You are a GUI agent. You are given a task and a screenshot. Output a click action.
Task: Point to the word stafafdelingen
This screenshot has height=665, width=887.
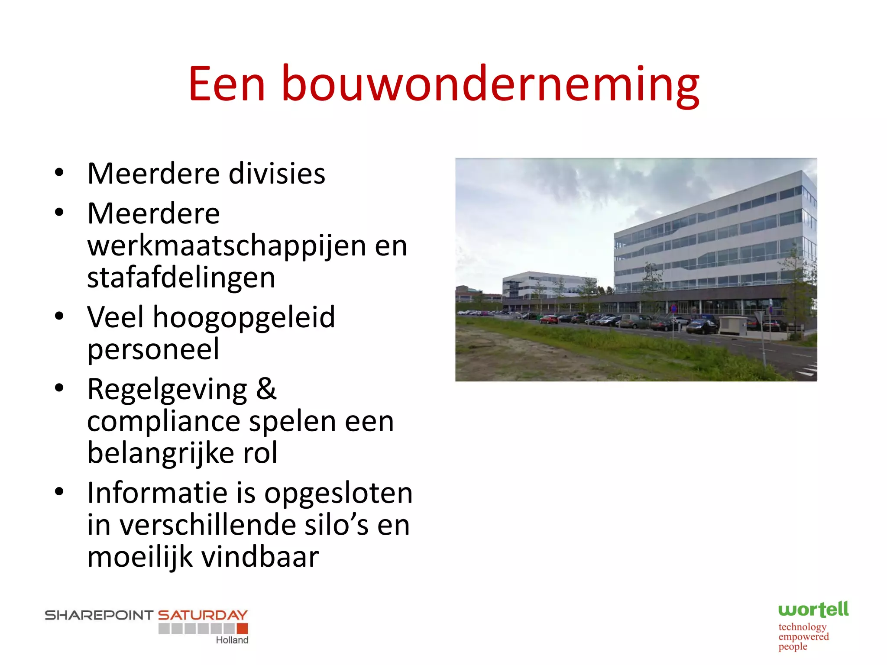[x=181, y=278]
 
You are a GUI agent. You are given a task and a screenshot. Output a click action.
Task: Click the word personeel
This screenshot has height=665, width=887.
[x=153, y=349]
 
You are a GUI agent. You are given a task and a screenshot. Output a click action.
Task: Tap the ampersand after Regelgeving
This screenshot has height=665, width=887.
[x=266, y=389]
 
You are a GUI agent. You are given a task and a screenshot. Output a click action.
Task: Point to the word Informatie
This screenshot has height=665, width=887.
[x=157, y=493]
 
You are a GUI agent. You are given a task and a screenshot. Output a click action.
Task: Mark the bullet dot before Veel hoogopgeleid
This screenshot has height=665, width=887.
[x=59, y=316]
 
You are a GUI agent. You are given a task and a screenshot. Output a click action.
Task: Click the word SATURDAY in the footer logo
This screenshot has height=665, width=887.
[x=202, y=615]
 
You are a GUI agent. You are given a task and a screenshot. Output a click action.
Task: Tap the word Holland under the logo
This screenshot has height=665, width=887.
[x=232, y=640]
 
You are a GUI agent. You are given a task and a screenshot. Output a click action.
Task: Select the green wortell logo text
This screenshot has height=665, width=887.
[x=813, y=610]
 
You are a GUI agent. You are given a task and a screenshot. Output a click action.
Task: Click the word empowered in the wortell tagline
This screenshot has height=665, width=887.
[x=803, y=637]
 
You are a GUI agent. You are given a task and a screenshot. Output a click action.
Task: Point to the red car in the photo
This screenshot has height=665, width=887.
[x=549, y=320]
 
